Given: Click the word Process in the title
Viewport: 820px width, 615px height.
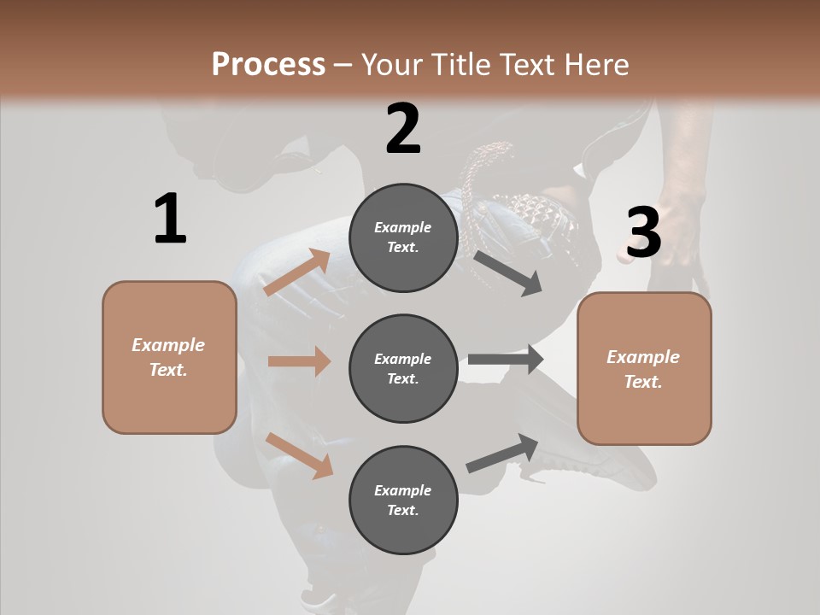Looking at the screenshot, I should coord(268,64).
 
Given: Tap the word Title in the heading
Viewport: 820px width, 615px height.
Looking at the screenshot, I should coord(455,64).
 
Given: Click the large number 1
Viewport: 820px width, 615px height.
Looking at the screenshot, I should coord(170,219).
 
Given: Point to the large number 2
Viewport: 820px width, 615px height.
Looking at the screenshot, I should coord(403,129).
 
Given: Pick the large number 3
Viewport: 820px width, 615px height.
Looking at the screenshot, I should coord(643,232).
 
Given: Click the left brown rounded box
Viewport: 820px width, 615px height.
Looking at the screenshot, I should coord(169,357).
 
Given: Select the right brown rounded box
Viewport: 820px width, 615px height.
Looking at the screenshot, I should coord(644,369).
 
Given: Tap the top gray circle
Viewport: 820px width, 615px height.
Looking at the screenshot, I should coord(403,237).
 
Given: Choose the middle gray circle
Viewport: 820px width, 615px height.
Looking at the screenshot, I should coord(403,369).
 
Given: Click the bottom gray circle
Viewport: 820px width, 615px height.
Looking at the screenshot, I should coord(403,501).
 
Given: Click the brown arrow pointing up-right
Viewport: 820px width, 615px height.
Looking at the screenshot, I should coord(297,272).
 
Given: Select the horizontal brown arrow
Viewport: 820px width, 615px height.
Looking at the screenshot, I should coord(299,361).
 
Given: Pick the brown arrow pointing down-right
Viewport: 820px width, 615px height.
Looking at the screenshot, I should coord(299,455).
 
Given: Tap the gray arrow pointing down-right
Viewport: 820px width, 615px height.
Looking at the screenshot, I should coord(507,272).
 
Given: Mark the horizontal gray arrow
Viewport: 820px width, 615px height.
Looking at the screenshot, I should coord(506,360).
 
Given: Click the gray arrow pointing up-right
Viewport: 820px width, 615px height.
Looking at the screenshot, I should coord(503,454).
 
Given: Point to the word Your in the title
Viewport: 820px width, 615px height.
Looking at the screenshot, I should coord(389,64).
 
